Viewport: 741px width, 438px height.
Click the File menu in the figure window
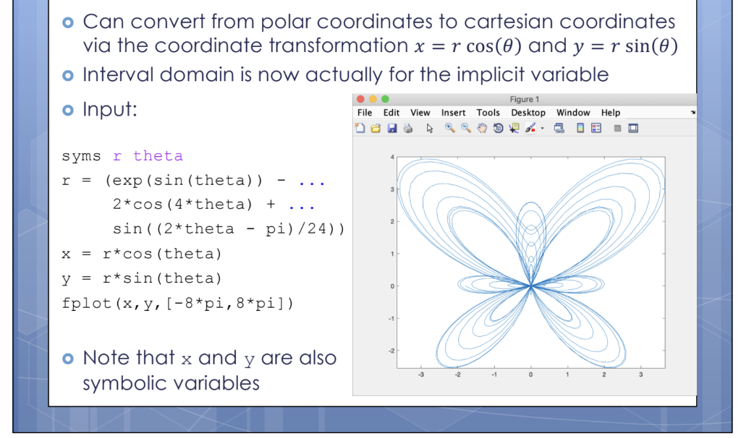click(365, 113)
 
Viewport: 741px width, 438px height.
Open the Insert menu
click(453, 113)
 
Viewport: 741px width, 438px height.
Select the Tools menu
click(488, 113)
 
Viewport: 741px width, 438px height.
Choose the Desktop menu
click(528, 113)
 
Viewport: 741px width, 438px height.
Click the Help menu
click(611, 113)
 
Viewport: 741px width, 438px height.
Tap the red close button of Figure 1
click(361, 99)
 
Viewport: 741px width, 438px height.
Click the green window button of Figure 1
click(385, 99)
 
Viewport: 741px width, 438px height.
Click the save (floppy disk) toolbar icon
click(392, 129)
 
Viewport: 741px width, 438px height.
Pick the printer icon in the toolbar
click(407, 129)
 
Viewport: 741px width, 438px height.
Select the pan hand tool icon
click(482, 129)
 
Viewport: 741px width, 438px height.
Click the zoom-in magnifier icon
click(449, 129)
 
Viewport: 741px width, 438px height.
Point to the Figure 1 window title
click(522, 100)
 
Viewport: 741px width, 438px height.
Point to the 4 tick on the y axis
click(391, 157)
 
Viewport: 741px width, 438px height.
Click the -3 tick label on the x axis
click(420, 374)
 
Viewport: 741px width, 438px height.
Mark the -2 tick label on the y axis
click(390, 351)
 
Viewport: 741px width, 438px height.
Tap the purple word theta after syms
click(158, 156)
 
